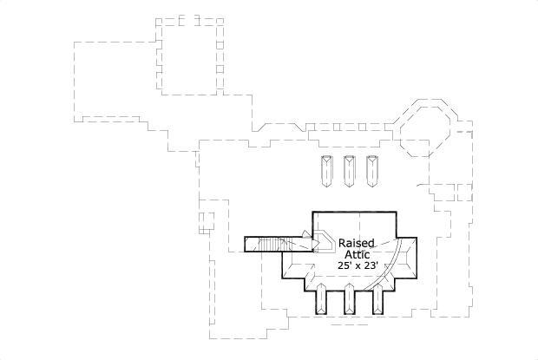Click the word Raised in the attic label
click(x=356, y=243)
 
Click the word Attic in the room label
click(x=356, y=255)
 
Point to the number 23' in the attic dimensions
click(x=370, y=267)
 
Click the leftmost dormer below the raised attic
click(x=322, y=300)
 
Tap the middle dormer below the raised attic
click(x=351, y=300)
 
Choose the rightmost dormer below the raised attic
click(x=379, y=300)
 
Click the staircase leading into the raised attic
click(x=271, y=243)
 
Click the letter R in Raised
click(x=343, y=243)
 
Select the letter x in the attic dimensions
click(x=356, y=268)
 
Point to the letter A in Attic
click(x=344, y=255)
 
